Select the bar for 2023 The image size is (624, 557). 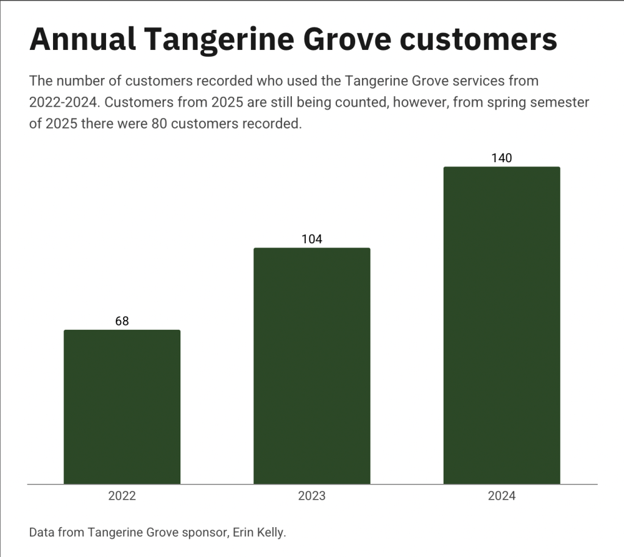tap(311, 366)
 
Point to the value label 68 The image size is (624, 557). tap(122, 321)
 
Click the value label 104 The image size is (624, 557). tap(311, 239)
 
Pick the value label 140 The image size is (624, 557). tap(502, 158)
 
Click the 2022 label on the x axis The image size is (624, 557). tap(122, 495)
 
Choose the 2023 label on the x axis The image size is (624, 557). tap(311, 495)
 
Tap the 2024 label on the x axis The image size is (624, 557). tap(502, 495)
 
